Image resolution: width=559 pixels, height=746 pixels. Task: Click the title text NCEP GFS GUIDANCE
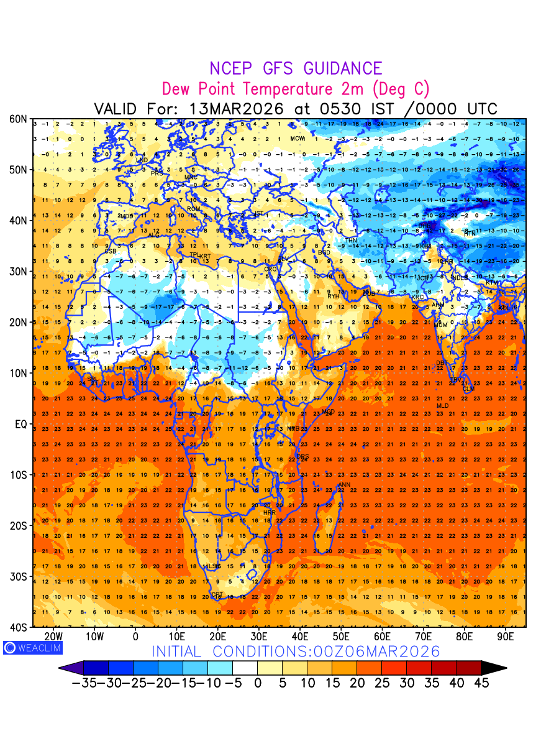(296, 68)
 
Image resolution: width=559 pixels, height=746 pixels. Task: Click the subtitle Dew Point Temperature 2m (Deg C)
(296, 88)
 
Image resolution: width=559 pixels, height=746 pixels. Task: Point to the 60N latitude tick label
(19, 119)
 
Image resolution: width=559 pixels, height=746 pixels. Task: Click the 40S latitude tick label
(19, 627)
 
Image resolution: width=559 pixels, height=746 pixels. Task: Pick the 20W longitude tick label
(54, 637)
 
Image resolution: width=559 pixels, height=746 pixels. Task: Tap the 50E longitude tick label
(342, 637)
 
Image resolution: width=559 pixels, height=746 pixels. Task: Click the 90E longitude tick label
(506, 637)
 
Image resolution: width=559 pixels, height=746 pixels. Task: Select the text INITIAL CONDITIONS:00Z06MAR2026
(296, 652)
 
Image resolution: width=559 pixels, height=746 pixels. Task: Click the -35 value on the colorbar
(84, 683)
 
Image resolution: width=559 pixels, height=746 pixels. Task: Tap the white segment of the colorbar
(245, 668)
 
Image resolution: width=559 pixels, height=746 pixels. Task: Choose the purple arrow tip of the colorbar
(70, 668)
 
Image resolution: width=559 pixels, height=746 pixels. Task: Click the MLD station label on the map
(442, 406)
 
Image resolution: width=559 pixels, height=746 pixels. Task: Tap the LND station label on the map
(142, 160)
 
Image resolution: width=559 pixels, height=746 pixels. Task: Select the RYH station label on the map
(334, 297)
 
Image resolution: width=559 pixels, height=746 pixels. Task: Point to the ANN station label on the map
(344, 485)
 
